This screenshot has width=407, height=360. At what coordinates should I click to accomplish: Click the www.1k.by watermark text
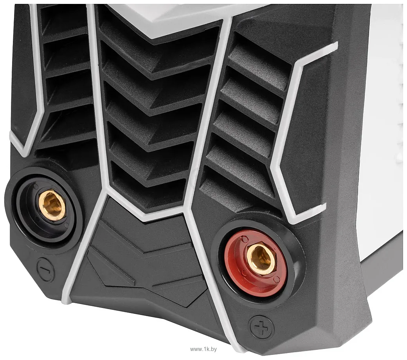(203, 349)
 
